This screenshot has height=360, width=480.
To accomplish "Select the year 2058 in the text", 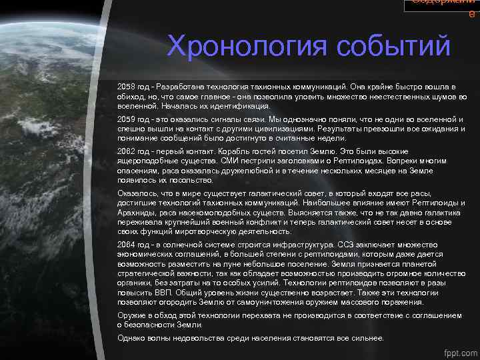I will (x=125, y=87).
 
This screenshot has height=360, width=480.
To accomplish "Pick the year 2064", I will (x=125, y=244).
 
